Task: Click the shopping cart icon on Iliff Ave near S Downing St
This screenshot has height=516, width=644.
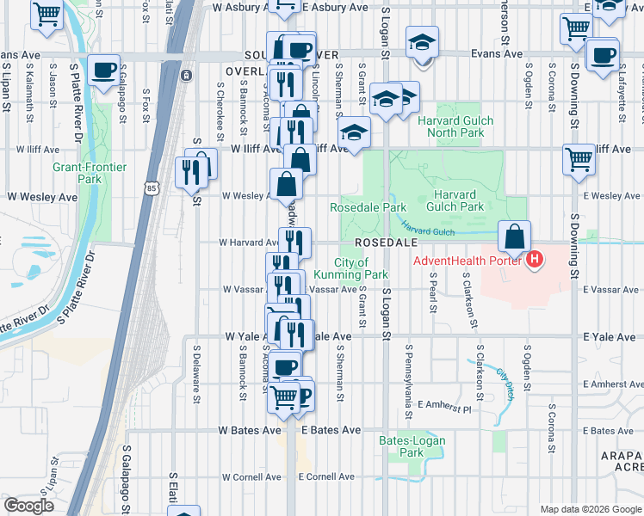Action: coord(579,159)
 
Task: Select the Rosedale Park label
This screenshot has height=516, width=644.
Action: coord(368,207)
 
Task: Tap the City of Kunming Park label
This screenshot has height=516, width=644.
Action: coord(352,268)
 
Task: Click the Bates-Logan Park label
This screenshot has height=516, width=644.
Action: coord(401,446)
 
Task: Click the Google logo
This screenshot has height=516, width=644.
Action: coord(28,506)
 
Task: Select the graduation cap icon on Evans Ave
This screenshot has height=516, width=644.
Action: coord(422,43)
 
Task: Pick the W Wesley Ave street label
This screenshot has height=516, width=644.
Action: coord(42,197)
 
